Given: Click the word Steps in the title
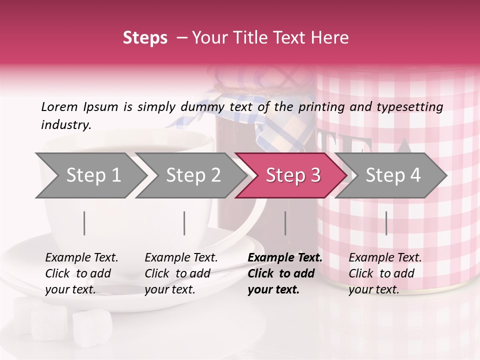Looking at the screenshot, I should pyautogui.click(x=145, y=38).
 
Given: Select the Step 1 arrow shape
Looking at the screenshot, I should pyautogui.click(x=93, y=175).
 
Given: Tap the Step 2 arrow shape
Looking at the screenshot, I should pyautogui.click(x=193, y=175).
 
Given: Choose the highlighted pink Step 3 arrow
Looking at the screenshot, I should pyautogui.click(x=292, y=175).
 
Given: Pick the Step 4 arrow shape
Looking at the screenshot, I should pyautogui.click(x=392, y=175).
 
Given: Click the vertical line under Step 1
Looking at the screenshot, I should pyautogui.click(x=84, y=223).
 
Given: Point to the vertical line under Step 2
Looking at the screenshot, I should pyautogui.click(x=184, y=223).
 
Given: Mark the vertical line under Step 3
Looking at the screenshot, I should pyautogui.click(x=285, y=223).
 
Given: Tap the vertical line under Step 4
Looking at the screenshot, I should pyautogui.click(x=386, y=223).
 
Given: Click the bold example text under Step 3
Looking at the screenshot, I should pyautogui.click(x=284, y=273).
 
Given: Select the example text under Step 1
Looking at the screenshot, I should pyautogui.click(x=81, y=273).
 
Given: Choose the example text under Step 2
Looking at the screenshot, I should pyautogui.click(x=180, y=273).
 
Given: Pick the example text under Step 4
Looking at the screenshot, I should pyautogui.click(x=384, y=273).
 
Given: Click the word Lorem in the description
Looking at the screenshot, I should pyautogui.click(x=59, y=107).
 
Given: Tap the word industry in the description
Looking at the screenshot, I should pyautogui.click(x=65, y=125).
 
